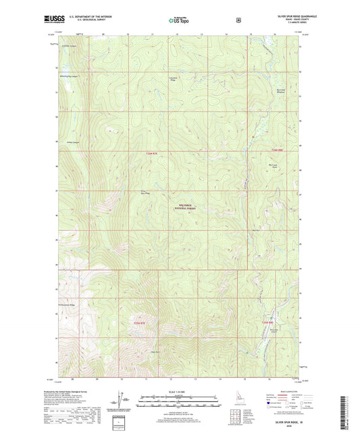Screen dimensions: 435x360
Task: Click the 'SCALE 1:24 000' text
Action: (x=179, y=393)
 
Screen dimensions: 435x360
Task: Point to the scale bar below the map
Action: (x=179, y=403)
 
